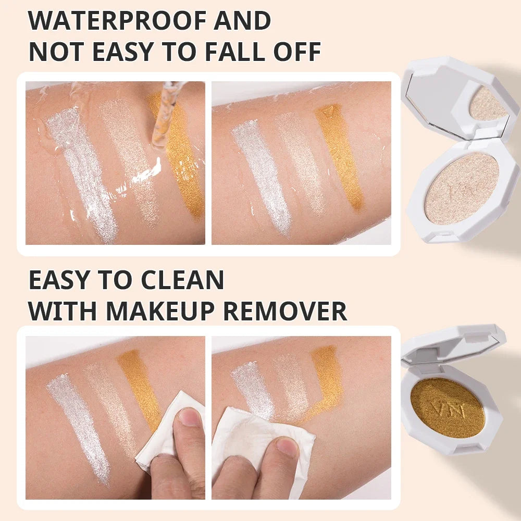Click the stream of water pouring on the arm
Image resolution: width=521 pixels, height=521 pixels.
point(163,115)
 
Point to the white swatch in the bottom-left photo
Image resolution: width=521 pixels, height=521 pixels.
point(80,429)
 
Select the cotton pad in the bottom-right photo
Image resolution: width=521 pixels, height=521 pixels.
point(263,445)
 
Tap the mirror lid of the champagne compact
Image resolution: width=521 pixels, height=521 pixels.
point(460,100)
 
